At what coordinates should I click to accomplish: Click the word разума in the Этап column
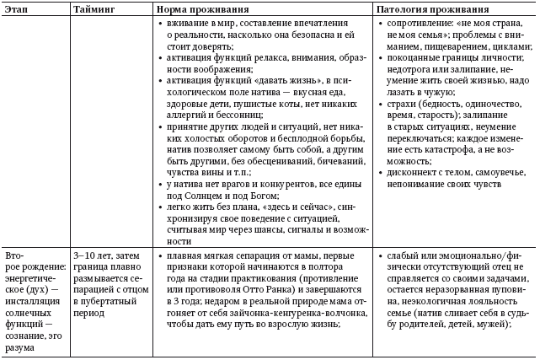(x=20, y=347)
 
